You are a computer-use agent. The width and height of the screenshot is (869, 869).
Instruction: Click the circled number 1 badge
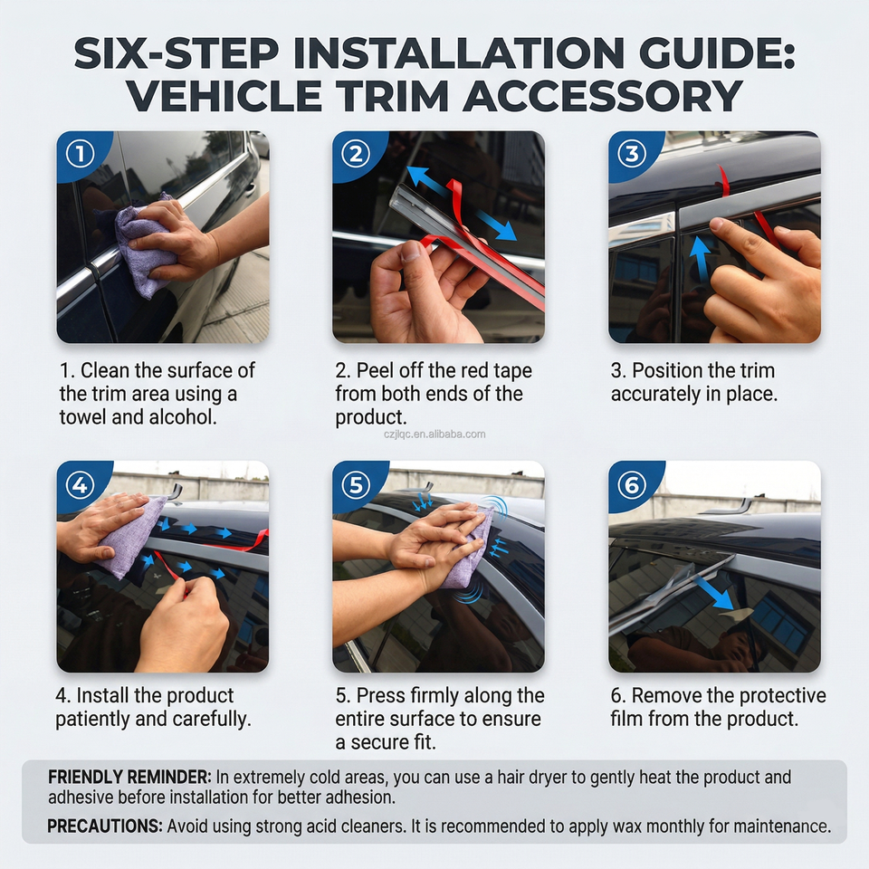click(x=81, y=154)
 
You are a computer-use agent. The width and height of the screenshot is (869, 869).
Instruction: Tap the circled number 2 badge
click(x=356, y=154)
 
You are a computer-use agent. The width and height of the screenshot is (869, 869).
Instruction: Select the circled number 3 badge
click(x=632, y=154)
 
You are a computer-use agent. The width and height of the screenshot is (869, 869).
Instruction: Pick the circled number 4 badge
click(x=81, y=485)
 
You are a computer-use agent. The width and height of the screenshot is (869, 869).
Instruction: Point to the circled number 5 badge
click(x=356, y=485)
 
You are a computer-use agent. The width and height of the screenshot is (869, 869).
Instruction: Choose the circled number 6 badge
click(x=632, y=485)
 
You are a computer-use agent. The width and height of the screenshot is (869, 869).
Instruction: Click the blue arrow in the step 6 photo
click(x=714, y=592)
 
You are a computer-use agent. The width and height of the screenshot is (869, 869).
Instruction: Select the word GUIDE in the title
click(x=717, y=53)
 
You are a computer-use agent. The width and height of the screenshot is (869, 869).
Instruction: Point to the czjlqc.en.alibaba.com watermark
click(x=434, y=434)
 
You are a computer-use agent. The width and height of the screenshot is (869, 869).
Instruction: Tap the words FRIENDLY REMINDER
click(x=129, y=777)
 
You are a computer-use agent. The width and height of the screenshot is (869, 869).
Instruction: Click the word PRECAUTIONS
click(x=105, y=826)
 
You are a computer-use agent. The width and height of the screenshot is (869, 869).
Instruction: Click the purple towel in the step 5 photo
click(x=470, y=549)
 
